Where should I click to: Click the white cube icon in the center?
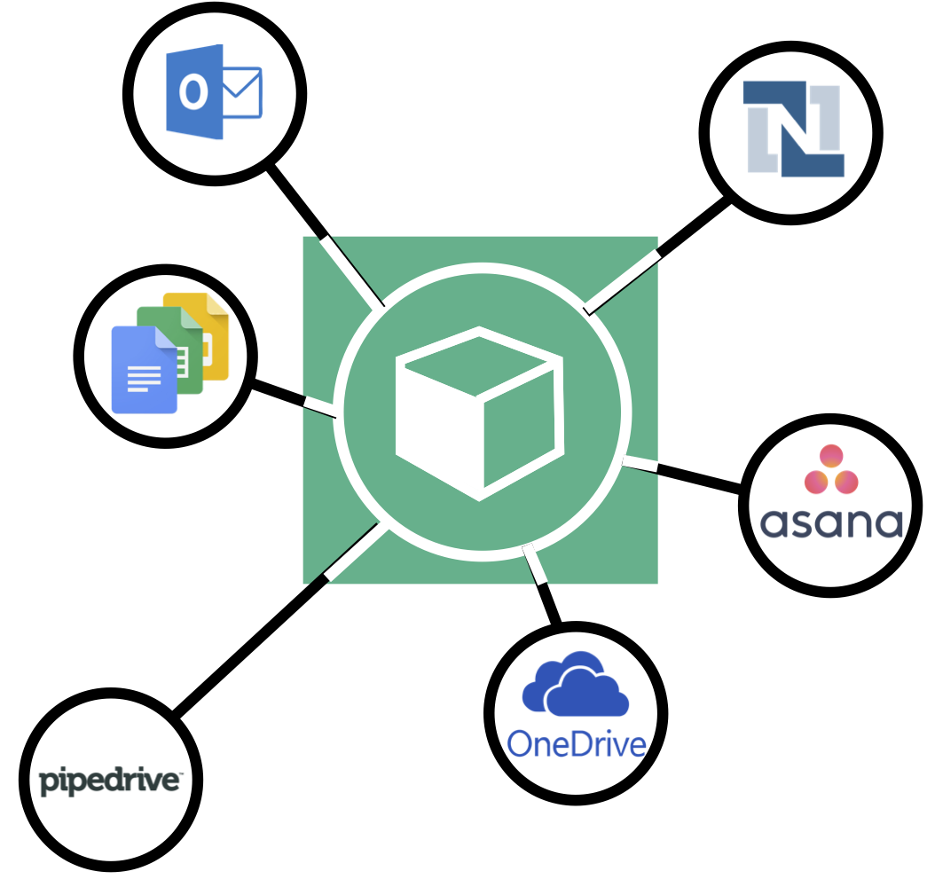480,413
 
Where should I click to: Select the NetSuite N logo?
792,130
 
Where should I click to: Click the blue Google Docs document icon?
143,371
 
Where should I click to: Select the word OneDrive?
577,744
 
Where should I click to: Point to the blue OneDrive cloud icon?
576,685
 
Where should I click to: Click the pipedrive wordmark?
111,781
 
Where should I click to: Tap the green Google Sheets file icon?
177,346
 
